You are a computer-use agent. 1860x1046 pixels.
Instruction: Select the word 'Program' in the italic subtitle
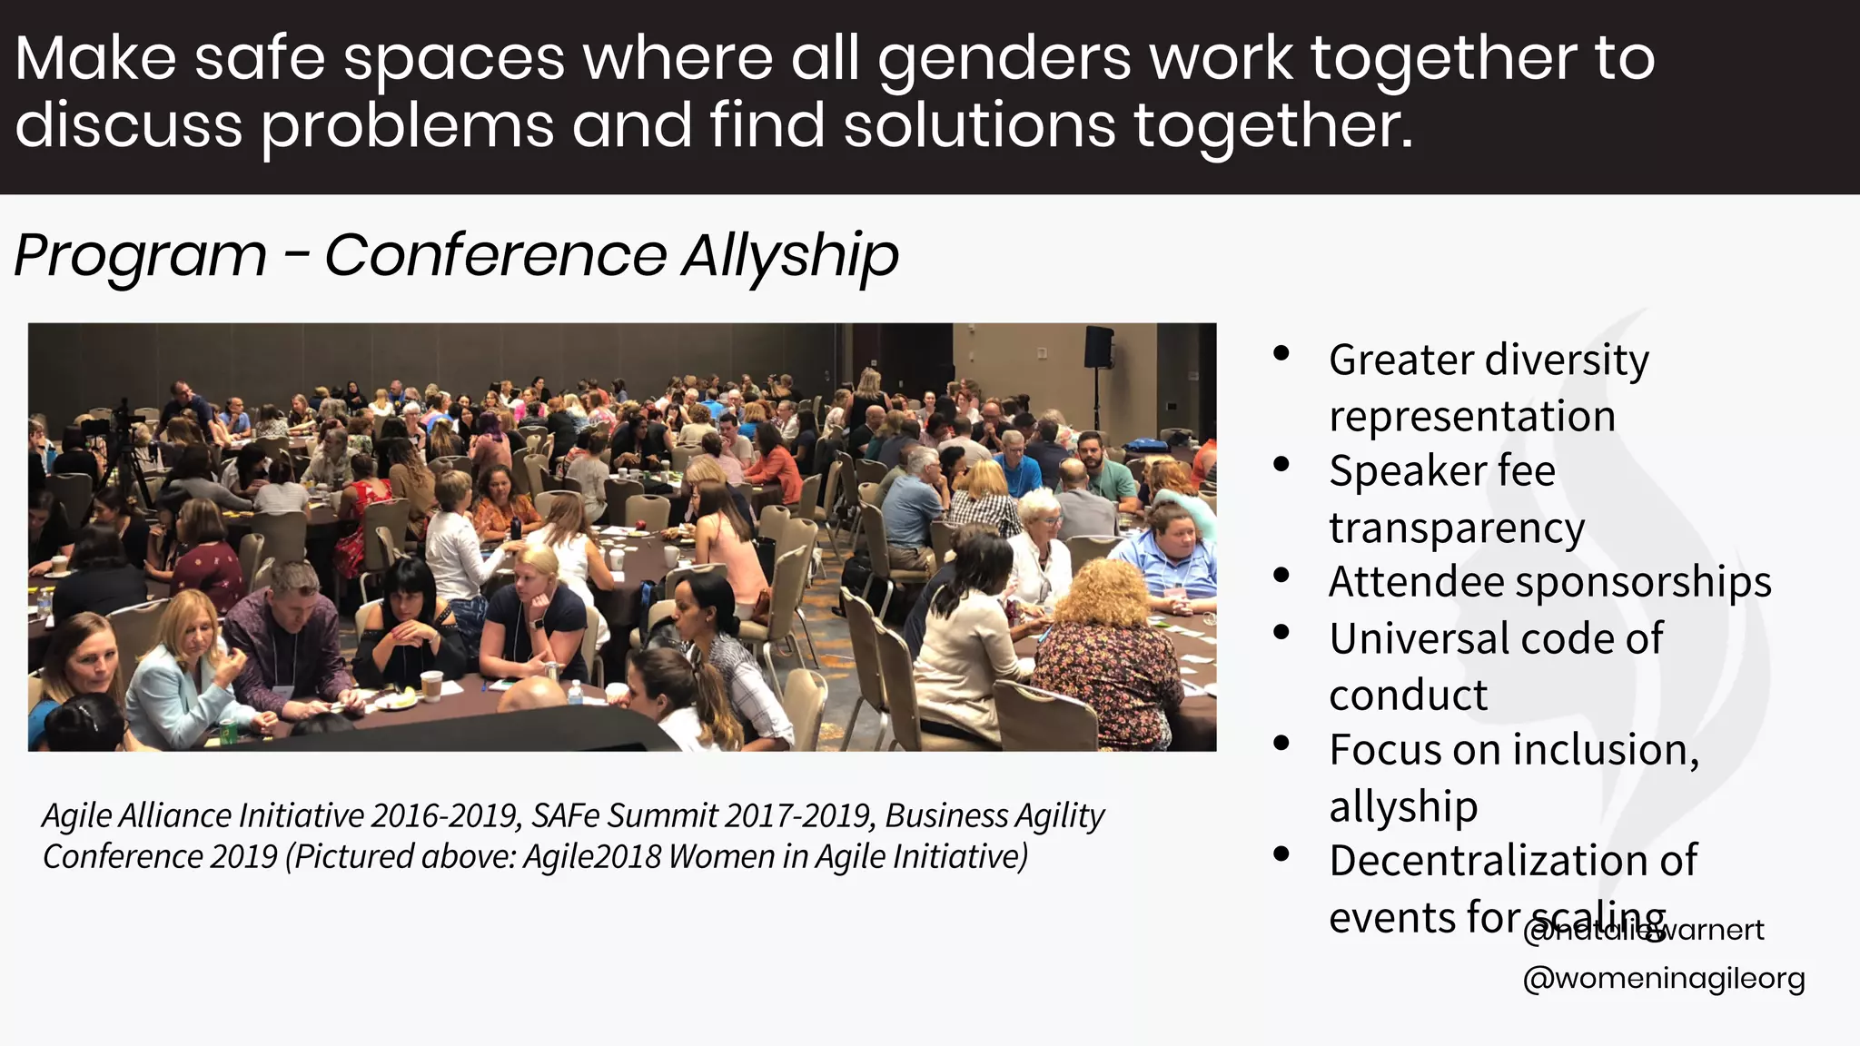click(141, 256)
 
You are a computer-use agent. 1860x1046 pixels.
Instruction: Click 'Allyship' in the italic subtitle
click(790, 256)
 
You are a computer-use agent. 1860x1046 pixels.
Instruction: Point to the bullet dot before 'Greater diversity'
click(1281, 354)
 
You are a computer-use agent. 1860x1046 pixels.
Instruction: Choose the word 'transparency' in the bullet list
click(1457, 528)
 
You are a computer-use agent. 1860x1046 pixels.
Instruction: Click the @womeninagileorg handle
click(1663, 979)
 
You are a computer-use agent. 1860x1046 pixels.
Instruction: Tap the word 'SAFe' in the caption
click(565, 816)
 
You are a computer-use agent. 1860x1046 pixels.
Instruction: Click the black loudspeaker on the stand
click(1099, 347)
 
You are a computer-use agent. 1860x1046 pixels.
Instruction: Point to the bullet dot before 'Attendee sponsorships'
click(1281, 576)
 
